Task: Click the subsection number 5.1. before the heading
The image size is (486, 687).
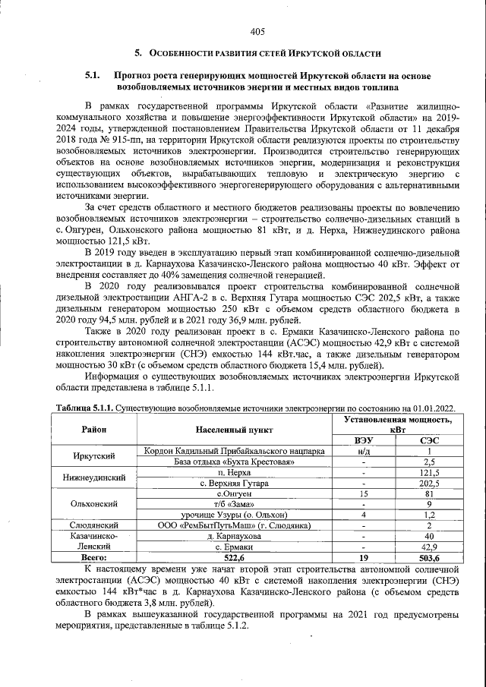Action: (x=93, y=76)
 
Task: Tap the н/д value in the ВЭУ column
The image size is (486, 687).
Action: (x=364, y=450)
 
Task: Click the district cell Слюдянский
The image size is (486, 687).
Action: (x=93, y=525)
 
